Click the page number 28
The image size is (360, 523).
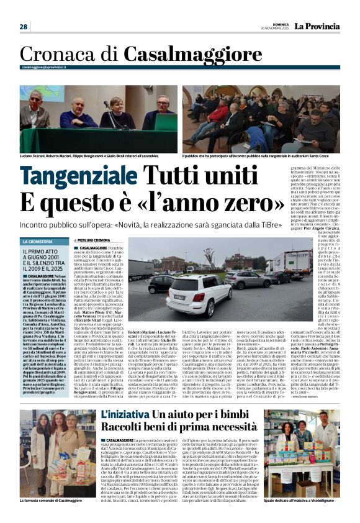point(24,27)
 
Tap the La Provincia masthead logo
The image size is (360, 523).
point(317,27)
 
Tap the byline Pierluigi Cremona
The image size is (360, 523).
point(92,240)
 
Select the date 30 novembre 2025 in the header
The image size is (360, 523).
point(274,29)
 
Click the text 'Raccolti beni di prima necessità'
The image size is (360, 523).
point(171,427)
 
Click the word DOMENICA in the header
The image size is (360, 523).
point(277,24)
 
